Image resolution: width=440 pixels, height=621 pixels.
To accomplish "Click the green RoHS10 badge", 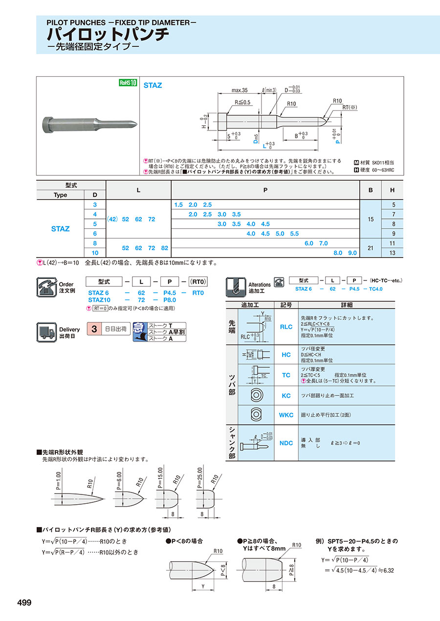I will (x=129, y=83).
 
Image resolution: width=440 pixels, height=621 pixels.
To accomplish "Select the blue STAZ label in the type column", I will (x=60, y=229).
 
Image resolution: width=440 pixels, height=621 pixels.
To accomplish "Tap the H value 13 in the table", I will (x=393, y=253).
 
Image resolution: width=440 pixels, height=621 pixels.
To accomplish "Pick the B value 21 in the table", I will (x=371, y=248).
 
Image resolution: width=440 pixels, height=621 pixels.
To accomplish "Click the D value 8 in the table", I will (x=95, y=243).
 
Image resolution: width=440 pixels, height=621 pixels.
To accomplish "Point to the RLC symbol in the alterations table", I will (x=286, y=327).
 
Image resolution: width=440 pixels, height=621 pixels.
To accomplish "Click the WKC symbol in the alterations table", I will (x=286, y=415).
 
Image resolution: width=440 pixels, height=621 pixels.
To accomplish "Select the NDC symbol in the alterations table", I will (x=286, y=443).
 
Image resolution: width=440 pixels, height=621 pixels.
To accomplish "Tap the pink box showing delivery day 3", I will (x=92, y=329).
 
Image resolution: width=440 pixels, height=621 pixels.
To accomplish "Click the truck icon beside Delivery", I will (x=46, y=332).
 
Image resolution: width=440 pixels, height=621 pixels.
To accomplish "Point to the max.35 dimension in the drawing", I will (x=240, y=90).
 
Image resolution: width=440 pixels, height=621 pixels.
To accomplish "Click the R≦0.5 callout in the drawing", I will (x=242, y=102).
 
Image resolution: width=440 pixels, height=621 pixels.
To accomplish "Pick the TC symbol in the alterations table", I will (x=286, y=375).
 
